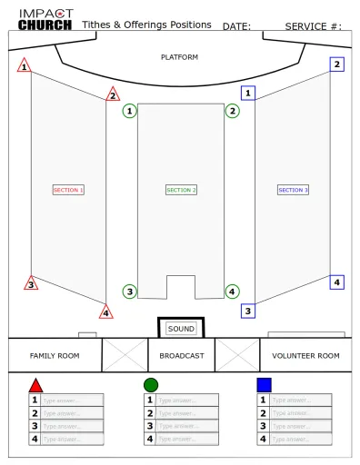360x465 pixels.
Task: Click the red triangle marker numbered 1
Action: tap(25, 66)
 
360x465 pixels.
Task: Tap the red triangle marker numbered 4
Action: tap(106, 313)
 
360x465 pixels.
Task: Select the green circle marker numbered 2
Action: tap(233, 111)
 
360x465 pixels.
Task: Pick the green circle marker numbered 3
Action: tap(130, 292)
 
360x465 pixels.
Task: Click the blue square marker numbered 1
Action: tap(248, 93)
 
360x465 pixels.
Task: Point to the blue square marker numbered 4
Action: tap(337, 282)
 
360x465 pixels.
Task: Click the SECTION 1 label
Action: tap(69, 190)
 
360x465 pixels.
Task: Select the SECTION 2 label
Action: tap(182, 190)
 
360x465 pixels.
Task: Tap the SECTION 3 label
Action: tap(294, 190)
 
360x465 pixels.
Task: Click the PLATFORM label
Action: tap(179, 57)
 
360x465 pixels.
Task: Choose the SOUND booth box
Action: tap(181, 328)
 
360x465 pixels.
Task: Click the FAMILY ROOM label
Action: tap(50, 355)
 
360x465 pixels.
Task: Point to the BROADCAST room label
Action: tap(181, 355)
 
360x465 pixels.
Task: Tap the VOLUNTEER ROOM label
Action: tap(309, 355)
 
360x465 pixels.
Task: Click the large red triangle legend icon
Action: tap(35, 385)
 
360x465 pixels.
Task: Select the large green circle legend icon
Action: tap(150, 385)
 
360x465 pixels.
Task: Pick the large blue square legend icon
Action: tap(264, 385)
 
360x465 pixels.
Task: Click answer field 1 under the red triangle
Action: tap(72, 400)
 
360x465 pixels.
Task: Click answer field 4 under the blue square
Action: tap(299, 440)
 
